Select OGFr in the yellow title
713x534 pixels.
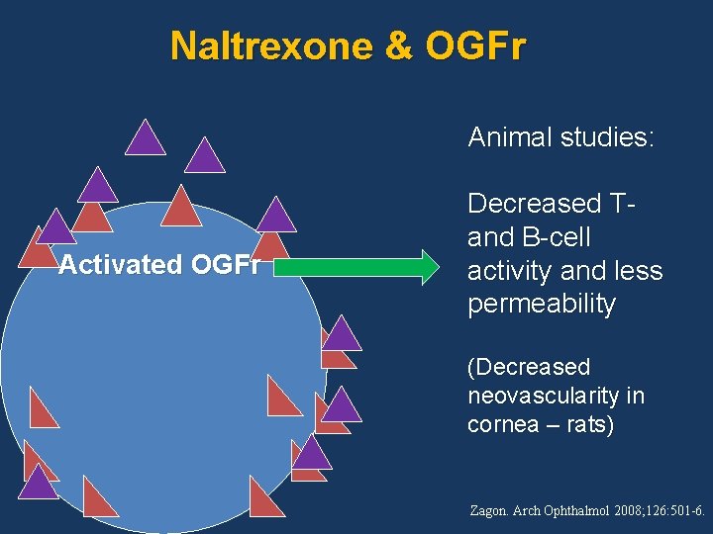(476, 45)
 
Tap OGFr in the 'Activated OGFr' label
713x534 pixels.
(237, 265)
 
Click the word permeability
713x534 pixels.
(541, 305)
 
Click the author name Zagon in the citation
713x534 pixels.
(490, 511)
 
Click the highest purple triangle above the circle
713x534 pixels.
(146, 139)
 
